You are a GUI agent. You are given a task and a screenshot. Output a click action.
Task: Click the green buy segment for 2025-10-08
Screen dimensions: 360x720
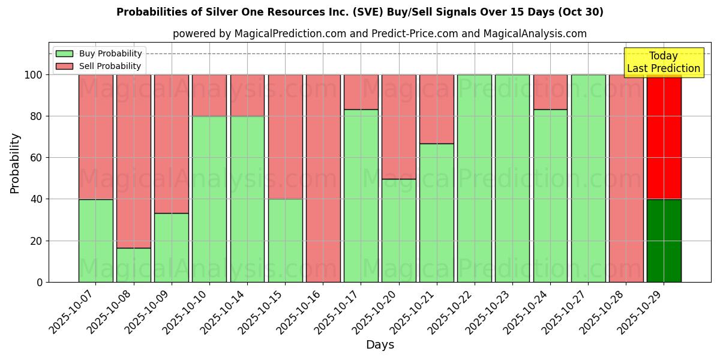tap(133, 265)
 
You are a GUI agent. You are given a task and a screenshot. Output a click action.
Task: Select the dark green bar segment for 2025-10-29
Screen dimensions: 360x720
tap(664, 241)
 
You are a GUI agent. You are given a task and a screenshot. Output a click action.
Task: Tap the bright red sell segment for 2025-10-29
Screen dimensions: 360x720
tap(664, 137)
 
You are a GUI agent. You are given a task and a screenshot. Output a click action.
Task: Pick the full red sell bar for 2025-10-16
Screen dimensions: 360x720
tap(323, 178)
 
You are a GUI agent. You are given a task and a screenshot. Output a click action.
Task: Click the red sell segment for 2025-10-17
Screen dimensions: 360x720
tap(361, 92)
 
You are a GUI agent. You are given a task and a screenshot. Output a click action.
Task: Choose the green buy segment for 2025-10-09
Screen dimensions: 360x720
tap(171, 247)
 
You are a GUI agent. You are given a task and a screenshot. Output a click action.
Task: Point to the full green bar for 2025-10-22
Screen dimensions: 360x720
tap(474, 178)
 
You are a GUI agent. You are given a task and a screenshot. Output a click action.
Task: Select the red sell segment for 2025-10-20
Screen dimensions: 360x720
tap(398, 127)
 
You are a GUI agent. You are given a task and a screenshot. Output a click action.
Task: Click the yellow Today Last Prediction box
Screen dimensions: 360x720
tap(663, 62)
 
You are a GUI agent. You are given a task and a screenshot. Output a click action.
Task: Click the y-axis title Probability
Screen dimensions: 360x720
tap(15, 163)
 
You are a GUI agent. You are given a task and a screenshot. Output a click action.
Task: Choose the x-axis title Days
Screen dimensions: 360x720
tap(380, 345)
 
